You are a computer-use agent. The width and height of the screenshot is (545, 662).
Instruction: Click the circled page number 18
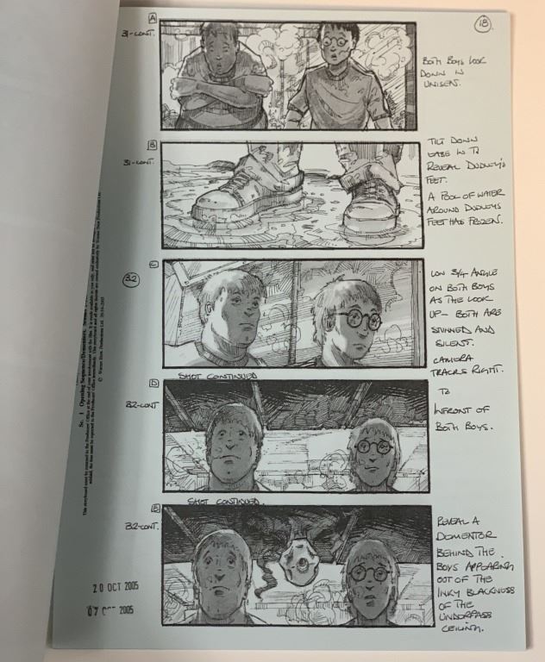click(x=481, y=25)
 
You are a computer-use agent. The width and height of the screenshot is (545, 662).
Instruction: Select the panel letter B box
click(x=152, y=145)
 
